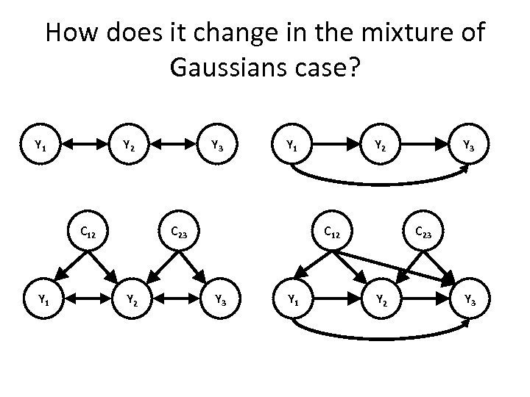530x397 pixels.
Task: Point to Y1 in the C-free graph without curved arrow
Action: pyautogui.click(x=43, y=146)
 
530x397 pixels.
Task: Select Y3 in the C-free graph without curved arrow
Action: pyautogui.click(x=217, y=146)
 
